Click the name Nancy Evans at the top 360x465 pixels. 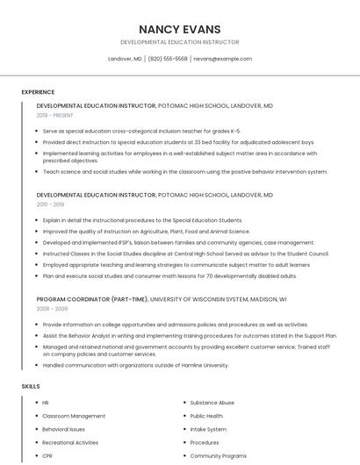[x=179, y=29]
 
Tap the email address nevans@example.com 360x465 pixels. [x=222, y=59]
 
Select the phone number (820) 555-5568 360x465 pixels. [x=168, y=59]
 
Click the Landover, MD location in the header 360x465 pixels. [x=125, y=59]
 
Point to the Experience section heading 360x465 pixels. [x=38, y=92]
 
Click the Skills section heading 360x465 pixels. [x=31, y=386]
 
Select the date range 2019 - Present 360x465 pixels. [x=55, y=115]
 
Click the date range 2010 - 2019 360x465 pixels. [x=52, y=204]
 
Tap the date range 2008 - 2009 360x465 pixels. [x=52, y=309]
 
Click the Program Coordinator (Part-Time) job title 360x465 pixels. [x=92, y=299]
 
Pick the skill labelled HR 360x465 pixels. [x=46, y=403]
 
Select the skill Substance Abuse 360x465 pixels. [x=212, y=403]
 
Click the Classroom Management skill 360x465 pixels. [x=74, y=416]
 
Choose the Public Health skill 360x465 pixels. [x=207, y=416]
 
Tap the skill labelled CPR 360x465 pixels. [x=47, y=456]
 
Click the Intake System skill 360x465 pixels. [x=208, y=429]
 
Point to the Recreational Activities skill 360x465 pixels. [x=70, y=443]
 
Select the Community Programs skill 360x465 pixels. [x=219, y=456]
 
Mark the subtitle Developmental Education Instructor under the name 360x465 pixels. [x=179, y=42]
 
